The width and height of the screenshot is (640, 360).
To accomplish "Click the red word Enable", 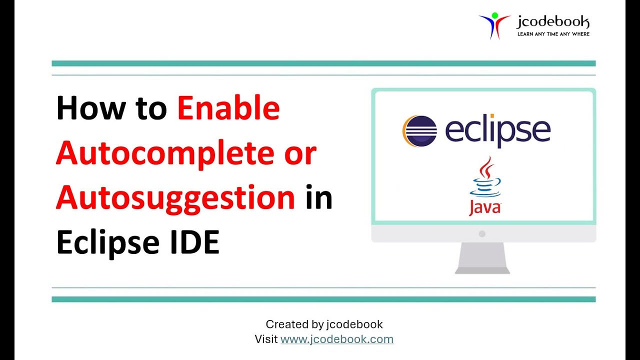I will click(x=228, y=108).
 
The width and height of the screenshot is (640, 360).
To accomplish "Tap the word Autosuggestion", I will click(x=175, y=198).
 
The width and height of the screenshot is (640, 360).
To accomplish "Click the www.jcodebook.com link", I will click(x=337, y=339).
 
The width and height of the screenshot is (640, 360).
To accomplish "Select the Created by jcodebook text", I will click(x=324, y=324).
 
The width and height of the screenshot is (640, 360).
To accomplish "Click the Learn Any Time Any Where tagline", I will click(x=553, y=34).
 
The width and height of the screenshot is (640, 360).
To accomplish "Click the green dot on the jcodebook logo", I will click(x=495, y=15).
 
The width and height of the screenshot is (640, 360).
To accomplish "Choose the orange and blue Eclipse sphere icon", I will click(x=419, y=131).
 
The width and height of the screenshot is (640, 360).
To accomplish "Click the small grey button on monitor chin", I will click(x=482, y=233).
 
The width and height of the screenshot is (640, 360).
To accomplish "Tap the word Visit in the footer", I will click(x=266, y=339).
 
